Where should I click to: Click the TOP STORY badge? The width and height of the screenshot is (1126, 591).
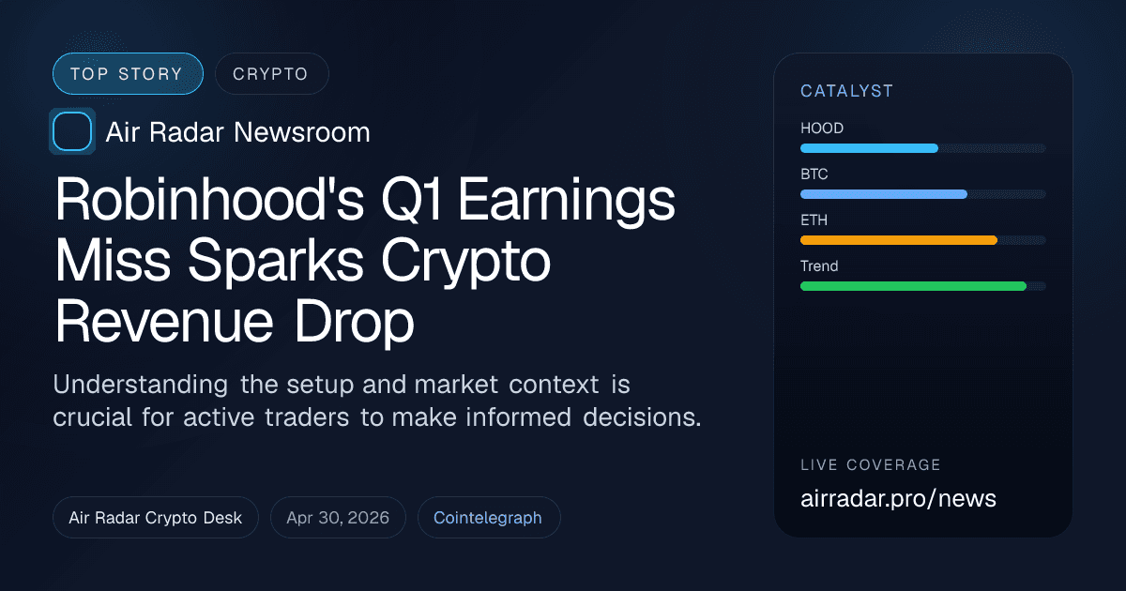pyautogui.click(x=127, y=74)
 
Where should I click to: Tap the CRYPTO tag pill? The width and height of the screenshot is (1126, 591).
pyautogui.click(x=271, y=74)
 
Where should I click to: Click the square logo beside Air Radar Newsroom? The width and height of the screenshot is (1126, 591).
pyautogui.click(x=72, y=131)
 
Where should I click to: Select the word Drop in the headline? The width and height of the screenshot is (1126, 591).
pyautogui.click(x=354, y=324)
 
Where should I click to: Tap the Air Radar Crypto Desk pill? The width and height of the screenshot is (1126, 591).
pyautogui.click(x=156, y=518)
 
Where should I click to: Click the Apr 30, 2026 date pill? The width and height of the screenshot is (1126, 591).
pyautogui.click(x=338, y=518)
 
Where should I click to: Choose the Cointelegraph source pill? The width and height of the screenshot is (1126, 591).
pyautogui.click(x=488, y=518)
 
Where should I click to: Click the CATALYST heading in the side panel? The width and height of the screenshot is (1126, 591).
pyautogui.click(x=846, y=91)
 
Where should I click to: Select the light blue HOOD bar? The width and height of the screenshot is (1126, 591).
pyautogui.click(x=869, y=148)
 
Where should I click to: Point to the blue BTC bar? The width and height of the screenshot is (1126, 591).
pyautogui.click(x=883, y=194)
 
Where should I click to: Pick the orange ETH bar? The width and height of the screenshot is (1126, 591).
pyautogui.click(x=898, y=240)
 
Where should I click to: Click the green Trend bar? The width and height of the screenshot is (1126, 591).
pyautogui.click(x=913, y=286)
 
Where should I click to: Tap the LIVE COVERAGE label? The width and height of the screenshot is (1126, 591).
pyautogui.click(x=871, y=465)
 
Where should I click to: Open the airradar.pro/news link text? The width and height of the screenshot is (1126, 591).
pyautogui.click(x=898, y=498)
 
